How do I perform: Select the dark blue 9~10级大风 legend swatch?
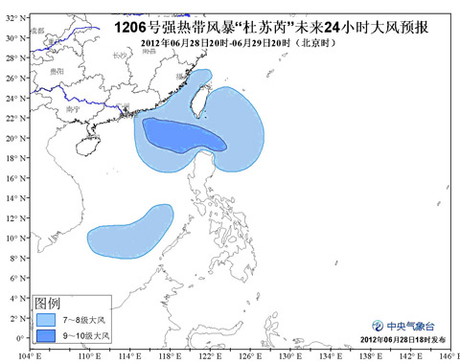pyautogui.click(x=46, y=335)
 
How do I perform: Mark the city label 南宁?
pyautogui.click(x=74, y=111)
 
